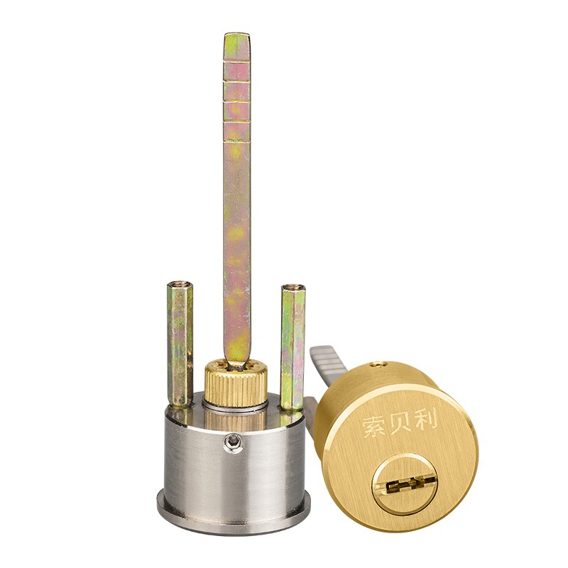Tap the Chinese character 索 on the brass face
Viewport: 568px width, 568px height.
click(374, 427)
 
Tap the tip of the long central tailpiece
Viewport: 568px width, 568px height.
click(236, 34)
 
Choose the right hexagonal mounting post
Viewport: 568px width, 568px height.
click(293, 347)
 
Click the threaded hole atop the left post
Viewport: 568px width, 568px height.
click(180, 285)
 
